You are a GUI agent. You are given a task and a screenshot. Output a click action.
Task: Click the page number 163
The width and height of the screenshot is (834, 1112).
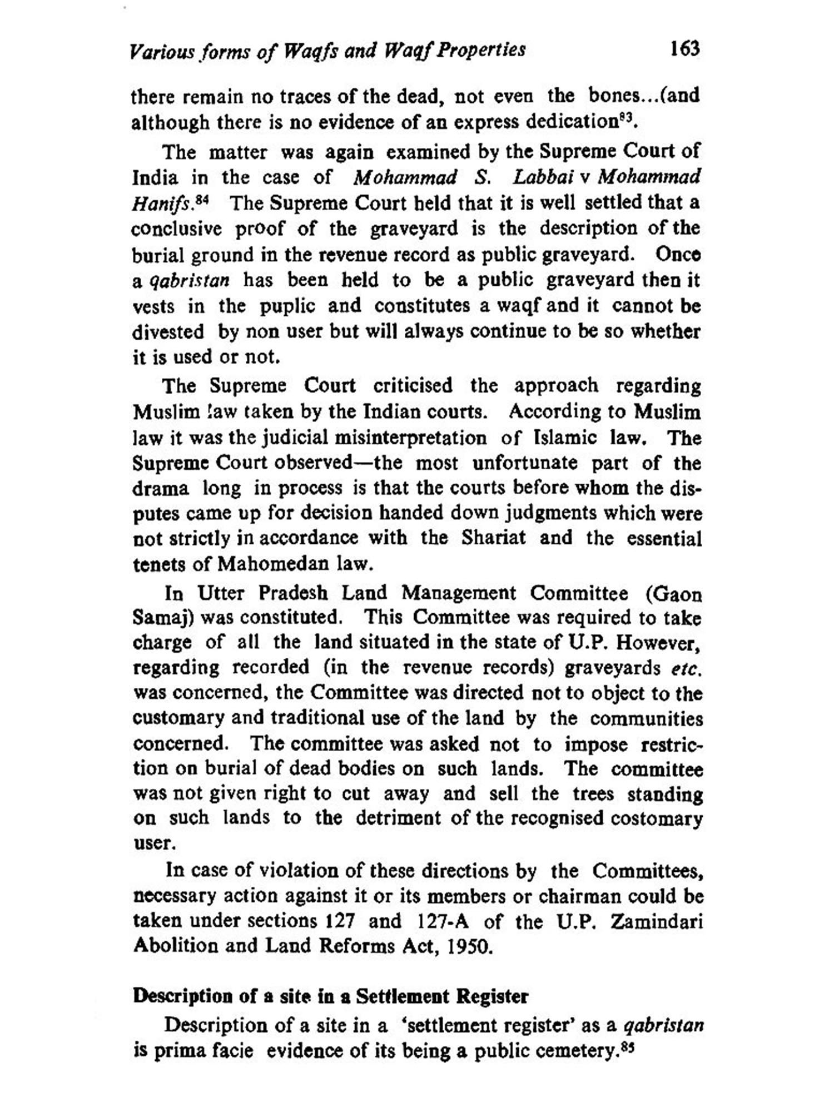[x=684, y=49]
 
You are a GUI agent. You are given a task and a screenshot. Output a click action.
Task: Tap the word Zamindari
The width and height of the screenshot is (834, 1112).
[x=657, y=921]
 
